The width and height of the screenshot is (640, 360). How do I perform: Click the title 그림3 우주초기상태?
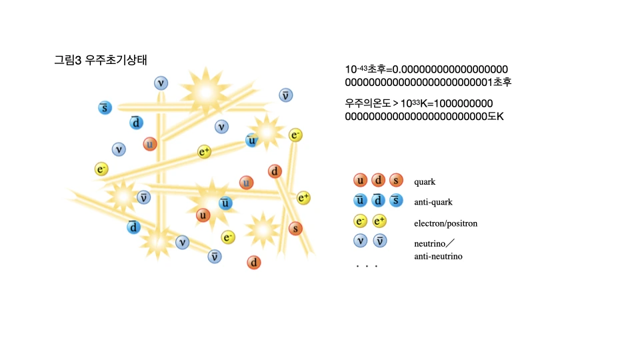click(x=100, y=59)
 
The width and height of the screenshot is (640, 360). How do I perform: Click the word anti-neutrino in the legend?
click(x=439, y=256)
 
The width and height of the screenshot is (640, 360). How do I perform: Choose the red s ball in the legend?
click(x=396, y=181)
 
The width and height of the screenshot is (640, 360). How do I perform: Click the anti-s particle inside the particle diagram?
click(x=105, y=107)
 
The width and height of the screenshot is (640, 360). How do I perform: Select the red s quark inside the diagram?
click(x=295, y=229)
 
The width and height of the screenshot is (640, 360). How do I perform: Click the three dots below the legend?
click(x=367, y=267)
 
